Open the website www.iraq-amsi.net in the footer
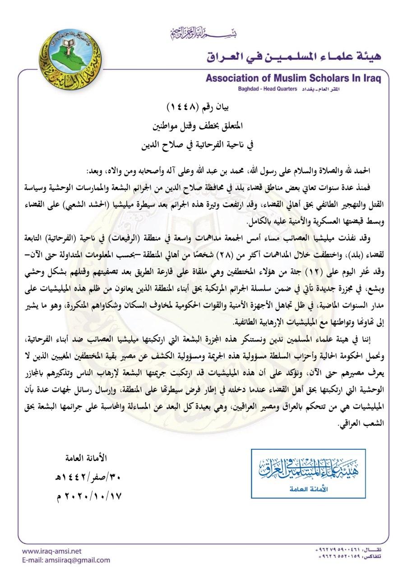(51, 551)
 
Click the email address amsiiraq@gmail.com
(66, 560)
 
